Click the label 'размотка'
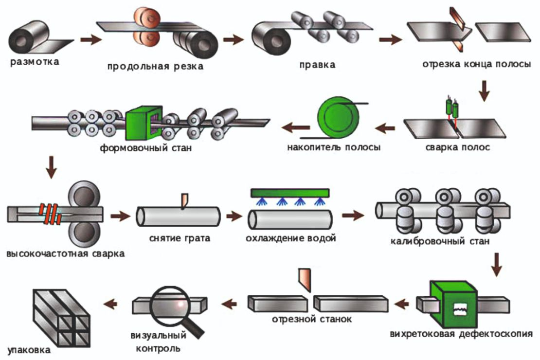click(35, 62)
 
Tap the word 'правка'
click(317, 65)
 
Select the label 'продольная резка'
click(155, 66)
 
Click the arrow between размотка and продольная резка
click(91, 39)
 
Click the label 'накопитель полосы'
click(334, 147)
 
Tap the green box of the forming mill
click(144, 123)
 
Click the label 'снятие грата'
click(180, 238)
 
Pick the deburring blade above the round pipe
click(184, 201)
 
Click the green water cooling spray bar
click(290, 193)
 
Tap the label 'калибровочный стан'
click(440, 241)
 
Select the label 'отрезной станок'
click(312, 319)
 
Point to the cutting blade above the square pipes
click(305, 280)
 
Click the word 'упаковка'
click(29, 350)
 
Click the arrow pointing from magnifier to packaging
click(110, 304)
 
